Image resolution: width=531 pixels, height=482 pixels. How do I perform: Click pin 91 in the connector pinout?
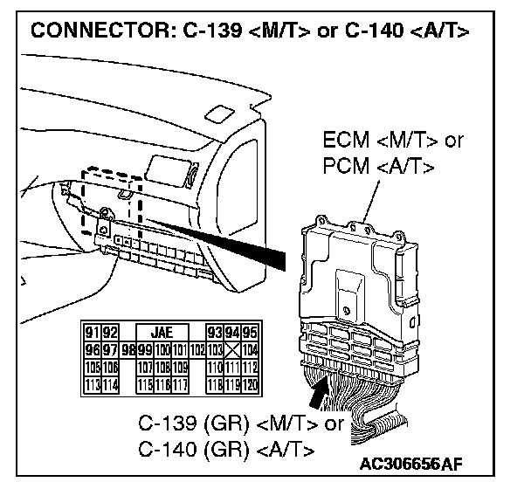tap(88, 332)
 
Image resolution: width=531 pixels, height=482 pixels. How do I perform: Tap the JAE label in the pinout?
tap(161, 332)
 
